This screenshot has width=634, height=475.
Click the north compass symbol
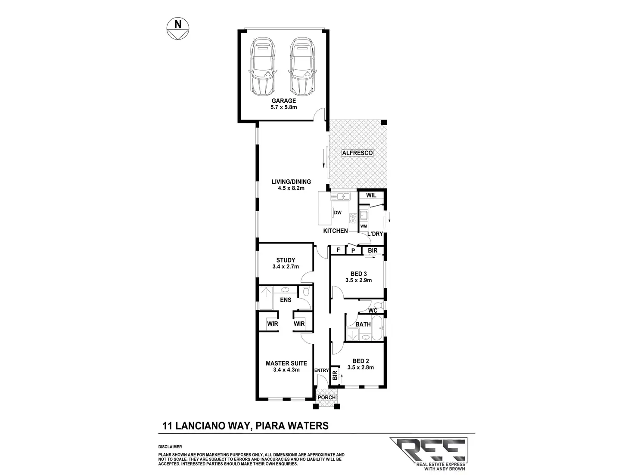click(177, 30)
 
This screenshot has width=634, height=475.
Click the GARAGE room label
click(283, 101)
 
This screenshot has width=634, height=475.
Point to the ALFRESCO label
click(357, 153)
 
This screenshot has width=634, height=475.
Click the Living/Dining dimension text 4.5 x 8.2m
click(291, 188)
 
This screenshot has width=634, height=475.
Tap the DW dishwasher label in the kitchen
click(338, 213)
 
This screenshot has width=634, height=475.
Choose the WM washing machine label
click(364, 226)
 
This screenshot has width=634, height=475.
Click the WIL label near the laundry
click(371, 195)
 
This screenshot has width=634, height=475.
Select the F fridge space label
click(338, 250)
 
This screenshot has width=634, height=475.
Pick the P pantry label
click(353, 250)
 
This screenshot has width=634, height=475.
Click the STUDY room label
click(286, 260)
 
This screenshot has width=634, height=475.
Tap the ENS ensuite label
click(286, 300)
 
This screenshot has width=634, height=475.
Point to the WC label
click(373, 311)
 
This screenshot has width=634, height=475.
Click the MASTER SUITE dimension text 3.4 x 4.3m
click(286, 370)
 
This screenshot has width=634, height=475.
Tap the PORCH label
click(326, 398)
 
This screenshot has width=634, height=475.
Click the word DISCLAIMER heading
click(170, 447)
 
